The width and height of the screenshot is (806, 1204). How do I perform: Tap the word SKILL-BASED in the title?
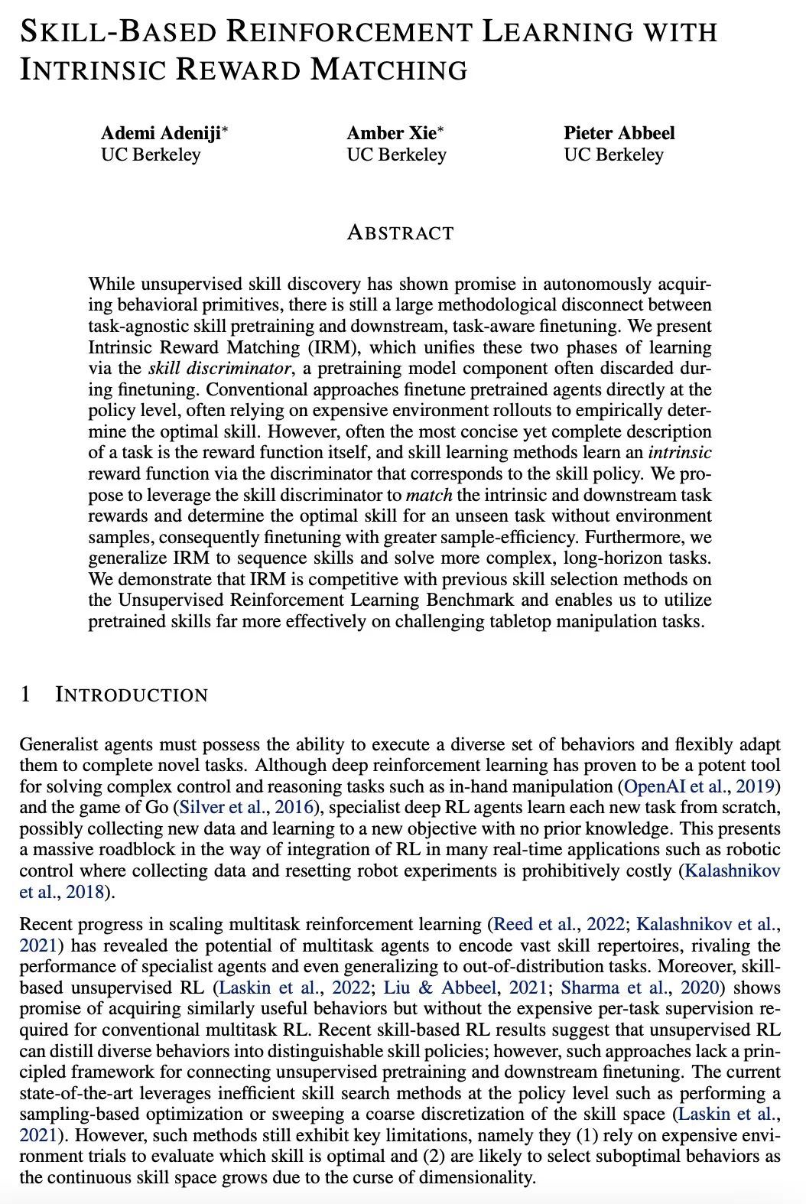click(116, 31)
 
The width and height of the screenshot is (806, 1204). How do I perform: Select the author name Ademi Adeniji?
click(161, 133)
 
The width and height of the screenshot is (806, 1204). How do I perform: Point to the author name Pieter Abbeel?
click(619, 133)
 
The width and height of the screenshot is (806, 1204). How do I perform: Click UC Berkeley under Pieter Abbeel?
click(614, 155)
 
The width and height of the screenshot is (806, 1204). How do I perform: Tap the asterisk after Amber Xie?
click(440, 129)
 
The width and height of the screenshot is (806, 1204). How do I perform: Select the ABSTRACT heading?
click(400, 233)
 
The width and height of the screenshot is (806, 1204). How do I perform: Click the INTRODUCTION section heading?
click(132, 695)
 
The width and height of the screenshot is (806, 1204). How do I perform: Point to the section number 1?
click(25, 695)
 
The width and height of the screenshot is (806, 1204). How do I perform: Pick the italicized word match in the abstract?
click(428, 494)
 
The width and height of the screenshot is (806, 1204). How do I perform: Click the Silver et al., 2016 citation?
click(237, 807)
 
